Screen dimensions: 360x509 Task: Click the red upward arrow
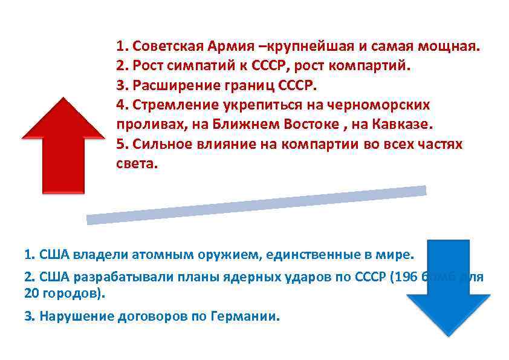(63, 148)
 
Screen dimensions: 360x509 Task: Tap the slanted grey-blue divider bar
(256, 205)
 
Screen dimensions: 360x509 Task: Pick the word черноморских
(388, 105)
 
